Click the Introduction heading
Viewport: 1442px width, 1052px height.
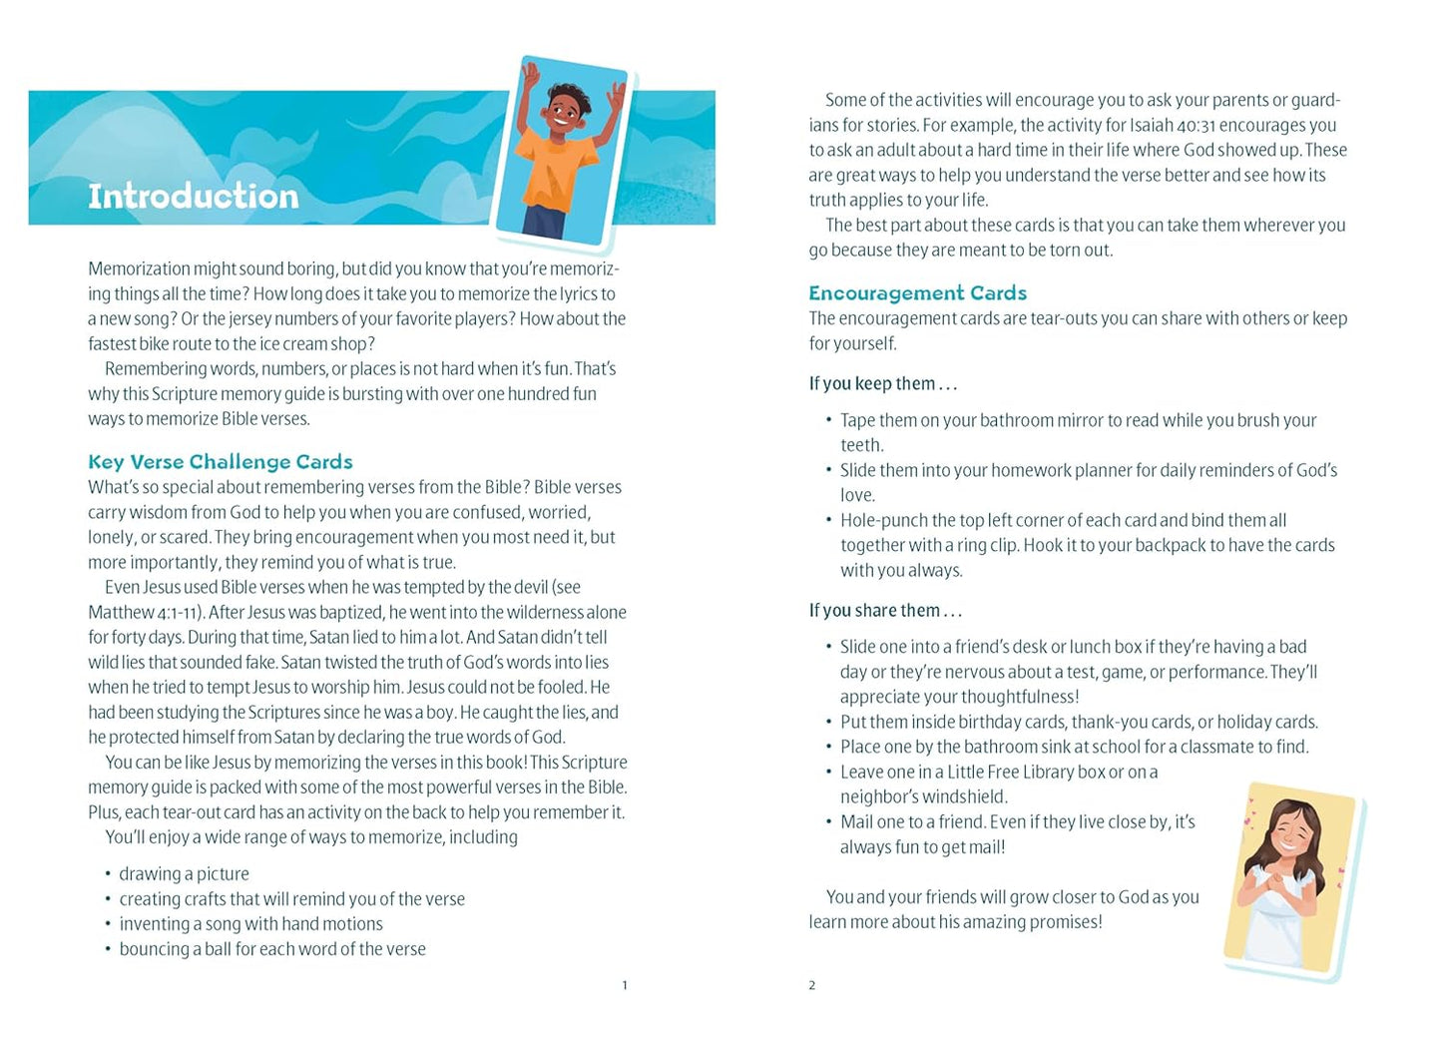[194, 196]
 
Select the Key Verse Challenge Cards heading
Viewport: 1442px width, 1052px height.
[221, 462]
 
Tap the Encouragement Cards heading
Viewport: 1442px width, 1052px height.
[917, 293]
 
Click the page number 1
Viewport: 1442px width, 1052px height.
[625, 986]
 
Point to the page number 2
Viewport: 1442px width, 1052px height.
[812, 986]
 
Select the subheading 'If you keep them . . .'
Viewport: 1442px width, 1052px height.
[882, 384]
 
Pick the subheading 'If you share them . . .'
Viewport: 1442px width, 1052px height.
[885, 611]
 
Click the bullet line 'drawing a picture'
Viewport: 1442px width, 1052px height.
[184, 874]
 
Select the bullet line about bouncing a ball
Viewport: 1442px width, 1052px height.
[271, 949]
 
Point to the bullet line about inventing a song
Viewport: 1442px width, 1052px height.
[250, 924]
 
